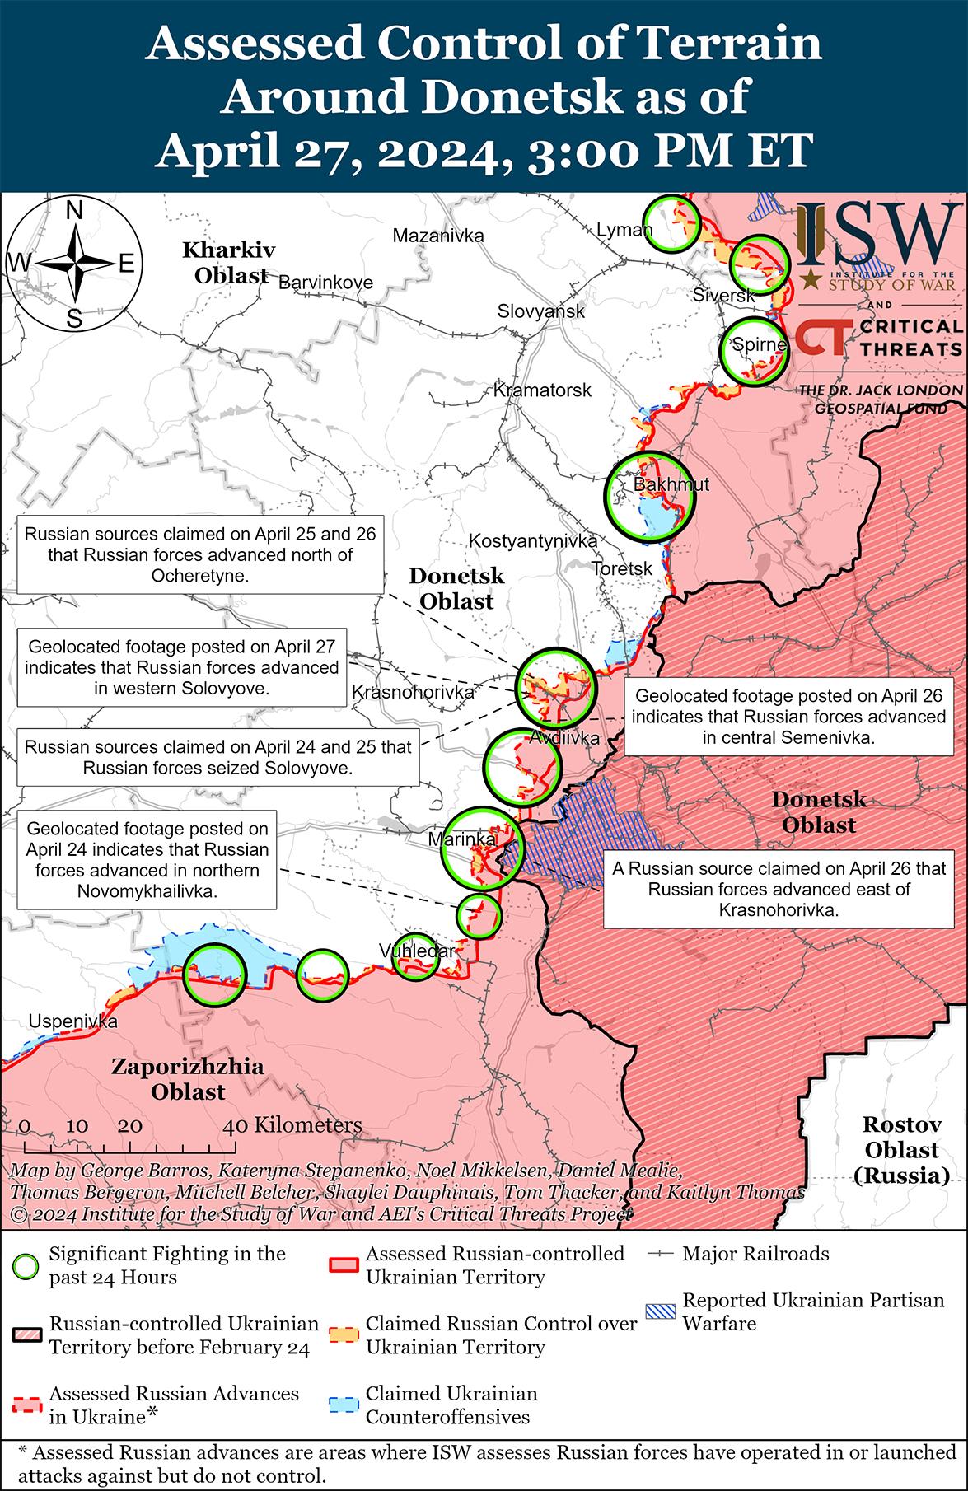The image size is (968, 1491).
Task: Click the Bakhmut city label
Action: pos(671,484)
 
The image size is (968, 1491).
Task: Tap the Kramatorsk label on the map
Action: pos(542,390)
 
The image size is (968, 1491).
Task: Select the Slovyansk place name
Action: pos(540,311)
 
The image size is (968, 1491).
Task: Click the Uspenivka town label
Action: pos(72,1022)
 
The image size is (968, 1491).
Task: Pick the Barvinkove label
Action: pos(325,283)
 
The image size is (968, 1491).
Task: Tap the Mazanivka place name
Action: pos(437,236)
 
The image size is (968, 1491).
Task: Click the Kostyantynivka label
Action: pos(532,541)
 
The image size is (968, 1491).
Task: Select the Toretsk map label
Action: pos(622,568)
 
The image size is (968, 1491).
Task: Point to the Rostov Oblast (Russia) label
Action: pos(900,1150)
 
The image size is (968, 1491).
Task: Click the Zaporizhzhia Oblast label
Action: pos(188,1080)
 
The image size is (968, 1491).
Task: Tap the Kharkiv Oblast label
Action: pos(229,262)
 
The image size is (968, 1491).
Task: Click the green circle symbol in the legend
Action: pos(28,1266)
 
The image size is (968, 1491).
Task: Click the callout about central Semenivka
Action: pos(789,717)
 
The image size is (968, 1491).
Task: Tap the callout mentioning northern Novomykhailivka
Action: pos(147,860)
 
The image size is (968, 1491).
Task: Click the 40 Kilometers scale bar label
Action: pos(292,1125)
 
